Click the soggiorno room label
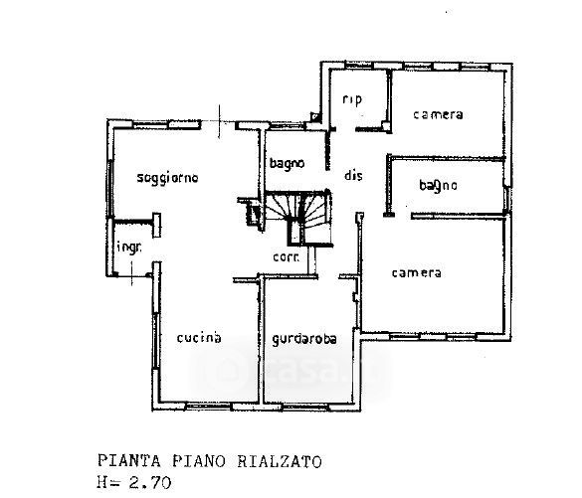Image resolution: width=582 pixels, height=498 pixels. tap(168, 178)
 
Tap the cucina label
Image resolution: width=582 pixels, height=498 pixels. tap(199, 337)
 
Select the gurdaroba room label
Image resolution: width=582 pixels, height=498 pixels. tap(304, 339)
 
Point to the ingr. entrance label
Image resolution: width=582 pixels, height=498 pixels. tap(128, 248)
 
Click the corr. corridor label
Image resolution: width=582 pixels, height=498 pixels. tap(286, 257)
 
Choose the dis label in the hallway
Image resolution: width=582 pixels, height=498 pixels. tap(353, 175)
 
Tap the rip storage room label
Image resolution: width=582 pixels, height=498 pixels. tap(352, 99)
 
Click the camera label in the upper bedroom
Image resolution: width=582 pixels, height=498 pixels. tap(438, 114)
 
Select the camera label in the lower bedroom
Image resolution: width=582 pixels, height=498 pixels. tap(417, 273)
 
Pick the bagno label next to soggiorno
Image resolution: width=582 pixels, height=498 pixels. tap(287, 164)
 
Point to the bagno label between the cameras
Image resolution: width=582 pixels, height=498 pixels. tap(438, 185)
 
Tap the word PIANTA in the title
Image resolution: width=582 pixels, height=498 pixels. tap(129, 461)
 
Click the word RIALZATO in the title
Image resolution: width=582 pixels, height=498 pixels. tap(280, 462)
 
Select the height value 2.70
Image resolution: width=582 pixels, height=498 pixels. tap(150, 483)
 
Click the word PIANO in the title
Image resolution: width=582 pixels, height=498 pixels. tap(199, 461)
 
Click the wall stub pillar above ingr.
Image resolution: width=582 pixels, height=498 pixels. tap(156, 225)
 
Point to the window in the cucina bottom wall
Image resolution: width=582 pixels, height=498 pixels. tap(208, 407)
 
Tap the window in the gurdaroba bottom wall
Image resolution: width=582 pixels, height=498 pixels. tap(305, 407)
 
